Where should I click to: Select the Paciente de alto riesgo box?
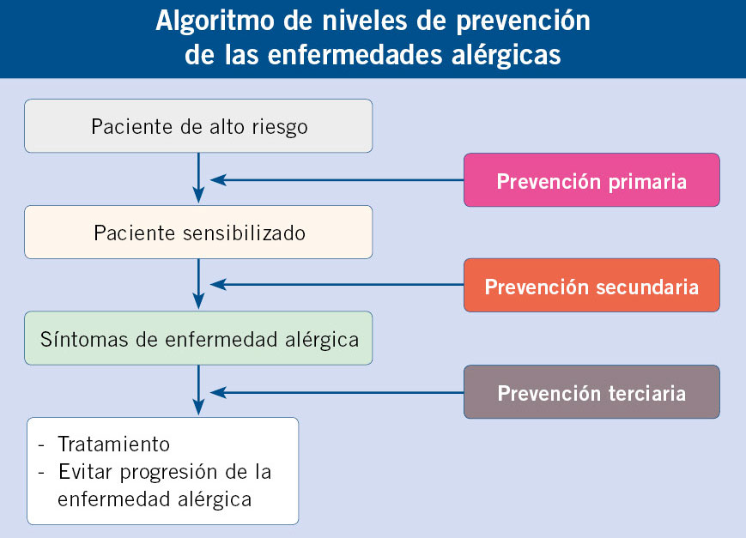point(198,126)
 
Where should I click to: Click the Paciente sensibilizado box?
point(198,233)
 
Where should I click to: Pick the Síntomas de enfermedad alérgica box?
point(198,338)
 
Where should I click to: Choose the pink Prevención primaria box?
point(591,180)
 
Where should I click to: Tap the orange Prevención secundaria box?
point(591,286)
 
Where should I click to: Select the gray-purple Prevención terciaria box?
point(591,392)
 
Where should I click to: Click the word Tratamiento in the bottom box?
point(113,444)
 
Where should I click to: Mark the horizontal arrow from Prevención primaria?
point(337,180)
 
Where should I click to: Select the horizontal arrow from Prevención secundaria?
point(337,285)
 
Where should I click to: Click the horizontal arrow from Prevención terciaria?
point(337,392)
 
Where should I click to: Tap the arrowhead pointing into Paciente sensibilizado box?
point(198,195)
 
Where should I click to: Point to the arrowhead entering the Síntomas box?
point(198,301)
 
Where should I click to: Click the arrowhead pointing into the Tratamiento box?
point(198,408)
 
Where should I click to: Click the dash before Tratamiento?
point(41,445)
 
